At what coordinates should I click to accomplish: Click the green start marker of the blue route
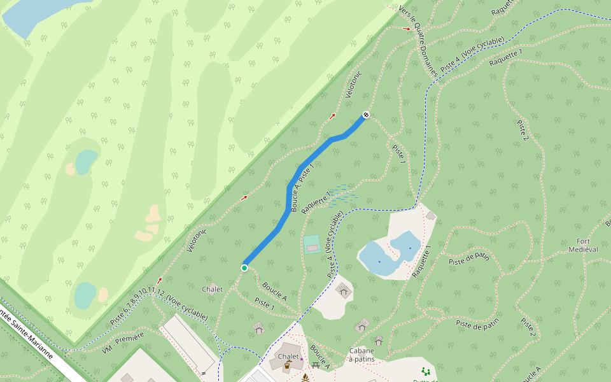[244, 267]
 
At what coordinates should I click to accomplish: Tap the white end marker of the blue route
[366, 115]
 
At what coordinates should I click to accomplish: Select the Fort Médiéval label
[587, 245]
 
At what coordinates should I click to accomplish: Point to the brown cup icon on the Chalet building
[288, 365]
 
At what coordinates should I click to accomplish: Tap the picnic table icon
[316, 365]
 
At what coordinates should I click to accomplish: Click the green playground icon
[425, 371]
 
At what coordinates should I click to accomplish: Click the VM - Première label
[123, 341]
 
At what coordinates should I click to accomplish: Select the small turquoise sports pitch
[311, 244]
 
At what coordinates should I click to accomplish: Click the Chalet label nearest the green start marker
[213, 289]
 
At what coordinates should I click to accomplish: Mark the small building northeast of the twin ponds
[431, 216]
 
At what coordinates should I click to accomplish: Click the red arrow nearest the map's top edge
[407, 29]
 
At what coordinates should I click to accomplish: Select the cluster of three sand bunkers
[149, 223]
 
